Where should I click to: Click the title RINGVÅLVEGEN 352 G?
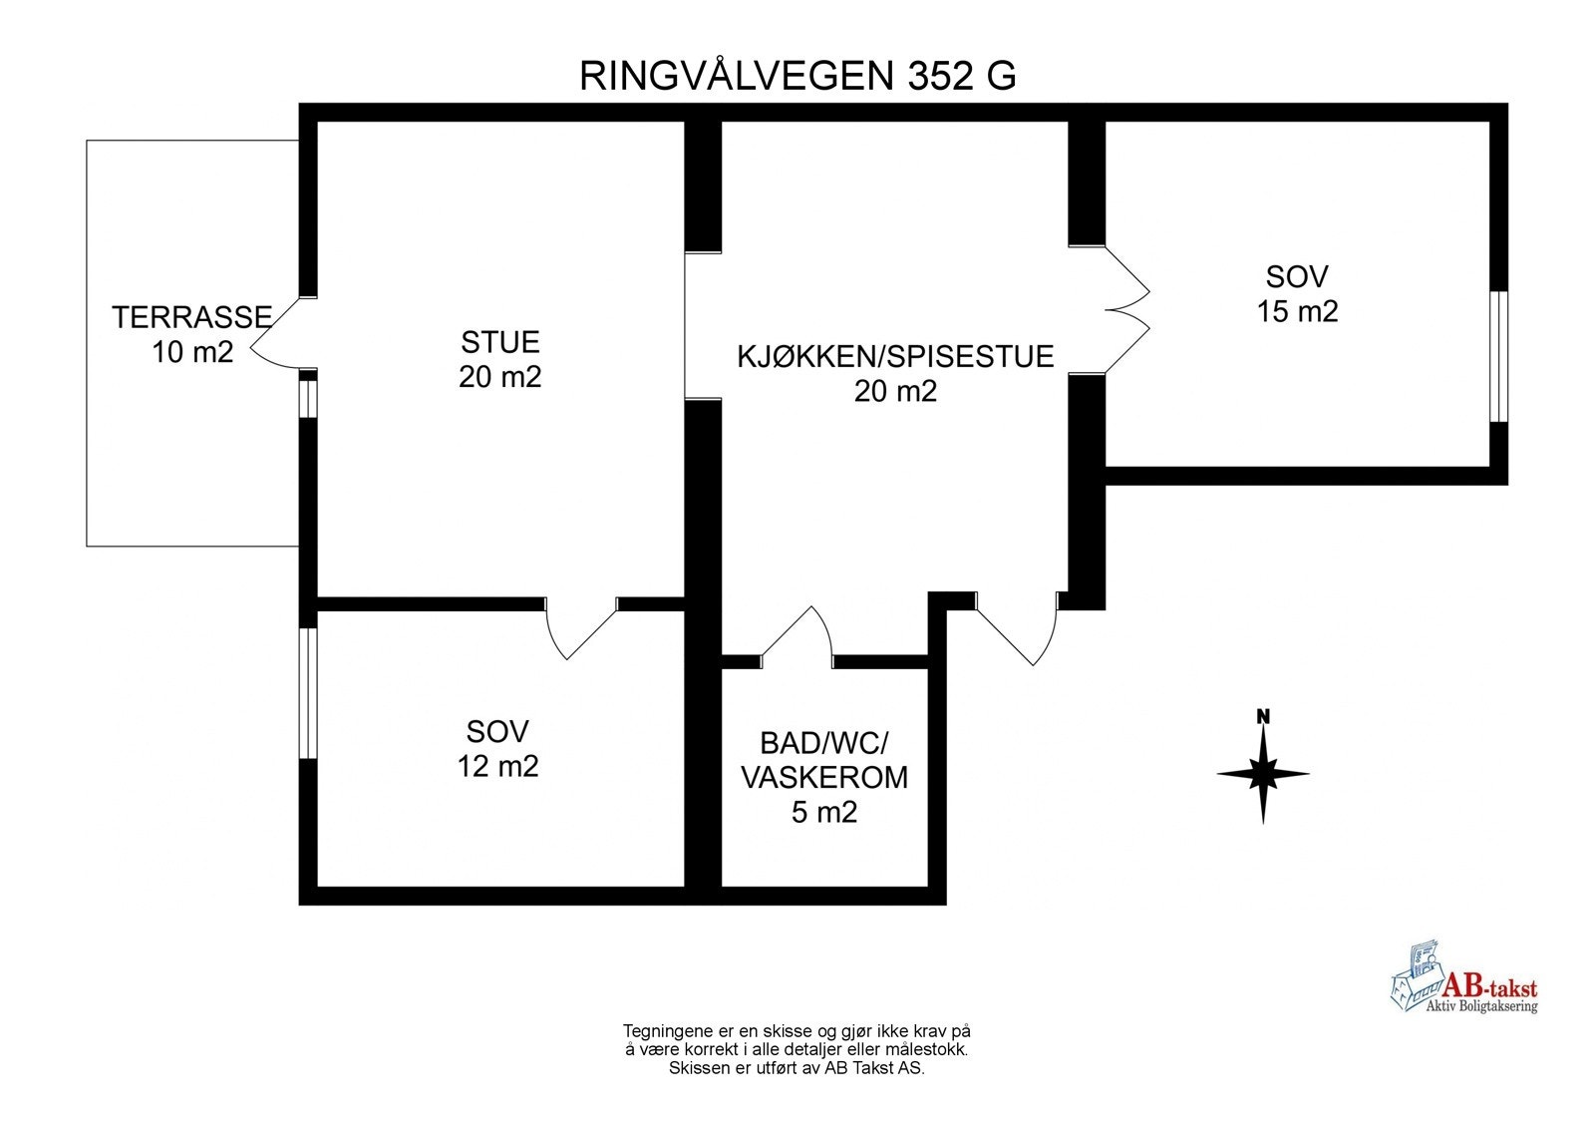[x=797, y=76]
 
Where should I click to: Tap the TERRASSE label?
[x=191, y=317]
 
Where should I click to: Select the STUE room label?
[x=499, y=342]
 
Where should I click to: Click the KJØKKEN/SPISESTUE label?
[x=895, y=356]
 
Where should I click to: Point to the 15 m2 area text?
[x=1297, y=311]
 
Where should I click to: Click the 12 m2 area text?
[x=497, y=766]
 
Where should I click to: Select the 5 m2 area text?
[x=824, y=812]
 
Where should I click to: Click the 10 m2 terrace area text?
[x=192, y=352]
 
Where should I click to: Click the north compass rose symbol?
[x=1263, y=774]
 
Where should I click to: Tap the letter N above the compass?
[x=1263, y=716]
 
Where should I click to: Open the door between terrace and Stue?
[x=277, y=334]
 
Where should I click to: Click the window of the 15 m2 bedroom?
[x=1498, y=356]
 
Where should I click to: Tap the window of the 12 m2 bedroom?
[x=308, y=693]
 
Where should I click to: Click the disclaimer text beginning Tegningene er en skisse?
[x=797, y=1048]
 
